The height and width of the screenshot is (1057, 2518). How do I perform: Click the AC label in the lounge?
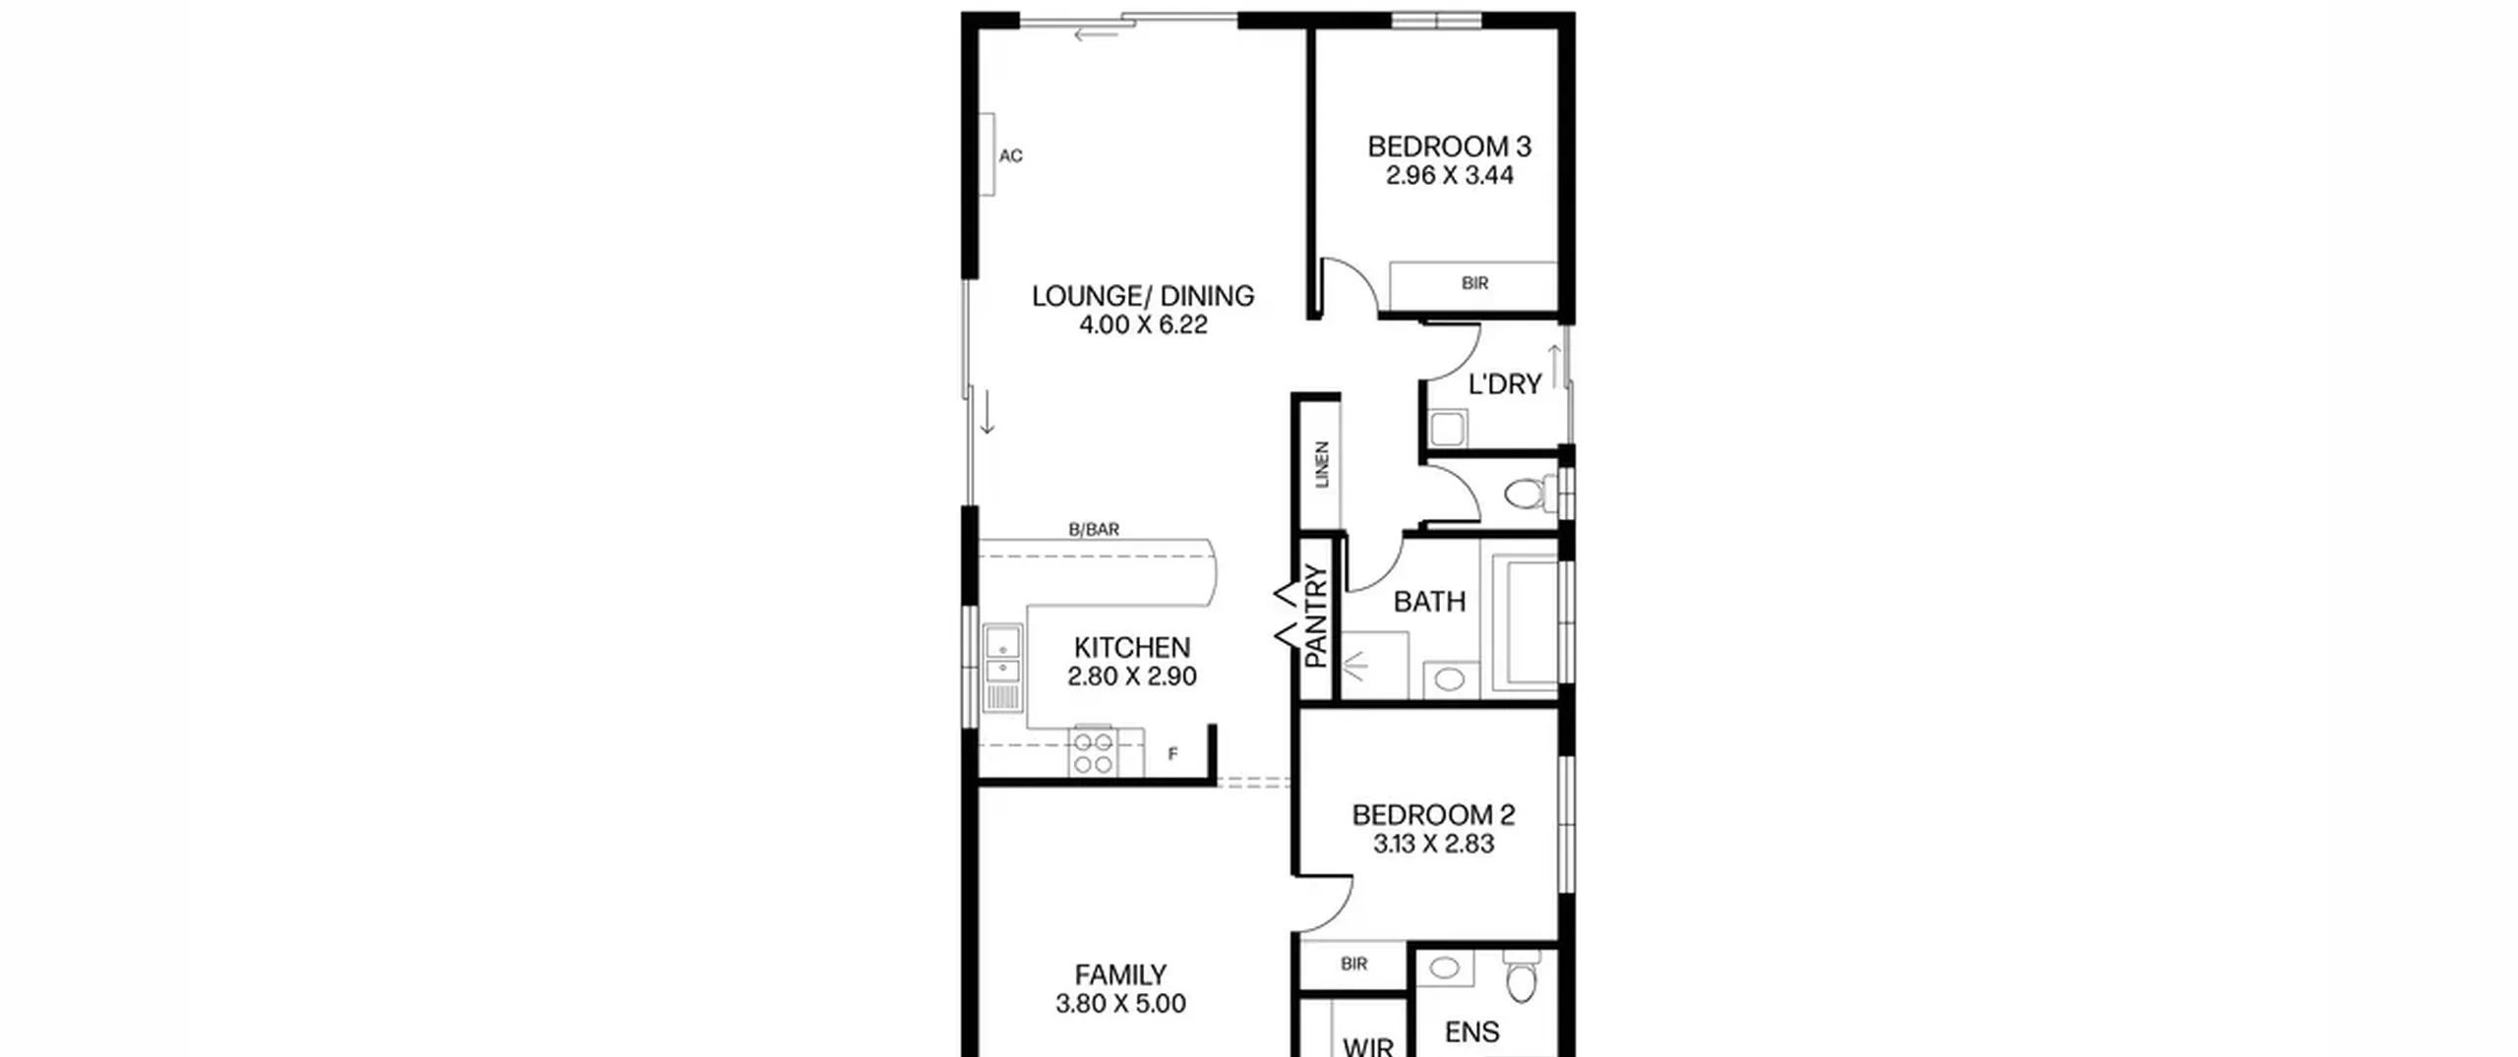tap(1011, 155)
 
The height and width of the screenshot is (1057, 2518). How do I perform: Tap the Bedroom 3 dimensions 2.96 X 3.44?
tap(1450, 176)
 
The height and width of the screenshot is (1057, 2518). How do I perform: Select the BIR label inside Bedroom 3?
tap(1474, 283)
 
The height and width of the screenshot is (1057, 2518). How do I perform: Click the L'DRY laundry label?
tap(1505, 384)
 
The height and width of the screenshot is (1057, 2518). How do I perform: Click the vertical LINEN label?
tap(1322, 464)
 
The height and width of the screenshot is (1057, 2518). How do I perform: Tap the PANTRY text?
tap(1316, 617)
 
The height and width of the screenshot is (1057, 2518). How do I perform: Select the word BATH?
tap(1429, 602)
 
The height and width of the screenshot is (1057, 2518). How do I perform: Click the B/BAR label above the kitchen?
tap(1094, 529)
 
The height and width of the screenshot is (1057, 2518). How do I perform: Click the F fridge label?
tap(1172, 754)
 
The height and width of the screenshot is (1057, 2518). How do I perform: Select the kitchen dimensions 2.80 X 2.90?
tap(1132, 676)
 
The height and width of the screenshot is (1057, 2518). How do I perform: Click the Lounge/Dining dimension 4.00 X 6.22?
tap(1143, 325)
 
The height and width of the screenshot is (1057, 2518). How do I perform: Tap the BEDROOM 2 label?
tap(1433, 815)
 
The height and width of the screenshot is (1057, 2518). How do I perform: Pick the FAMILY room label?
tap(1120, 975)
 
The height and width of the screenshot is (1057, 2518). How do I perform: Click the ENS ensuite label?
tap(1471, 1032)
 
